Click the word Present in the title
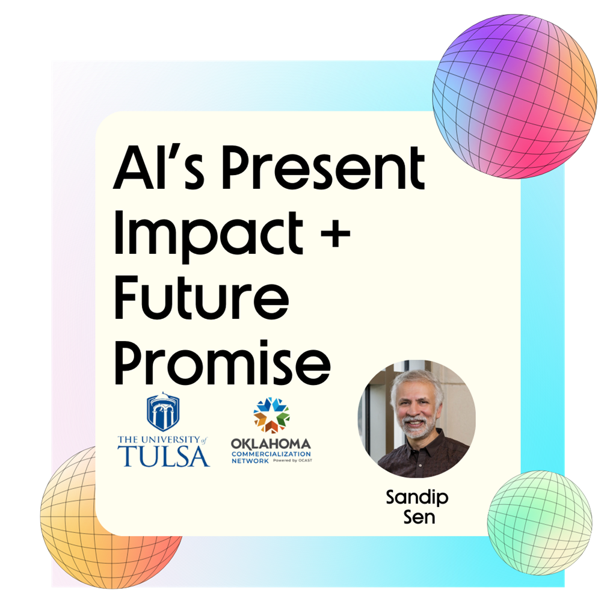(323, 168)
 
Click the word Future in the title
(202, 297)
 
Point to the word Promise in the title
(223, 362)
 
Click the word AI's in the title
(159, 168)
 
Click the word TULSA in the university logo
(164, 456)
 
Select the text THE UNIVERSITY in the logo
(159, 439)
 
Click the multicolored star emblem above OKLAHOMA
(271, 415)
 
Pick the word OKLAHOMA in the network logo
(271, 445)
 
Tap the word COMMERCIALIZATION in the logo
(271, 454)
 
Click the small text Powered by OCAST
(293, 460)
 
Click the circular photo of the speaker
(416, 419)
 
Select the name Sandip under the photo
(417, 498)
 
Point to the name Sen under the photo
(419, 517)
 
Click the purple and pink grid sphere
(515, 96)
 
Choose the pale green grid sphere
(540, 523)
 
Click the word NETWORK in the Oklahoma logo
(250, 461)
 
